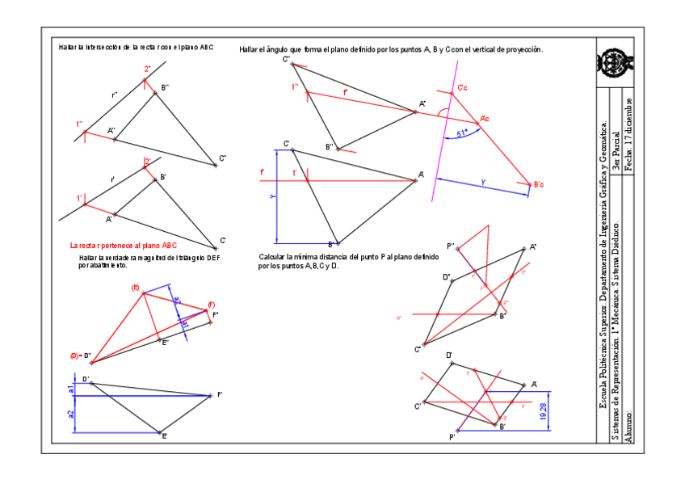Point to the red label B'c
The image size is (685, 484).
[x=538, y=185]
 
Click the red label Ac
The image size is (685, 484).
[x=484, y=119]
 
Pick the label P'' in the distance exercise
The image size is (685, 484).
[x=451, y=246]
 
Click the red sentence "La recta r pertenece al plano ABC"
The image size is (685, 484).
[x=123, y=245]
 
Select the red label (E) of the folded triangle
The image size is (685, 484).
[x=135, y=288]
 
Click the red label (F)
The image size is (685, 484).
[x=211, y=305]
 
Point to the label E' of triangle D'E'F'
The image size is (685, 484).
[x=164, y=436]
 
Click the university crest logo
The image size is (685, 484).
[x=614, y=61]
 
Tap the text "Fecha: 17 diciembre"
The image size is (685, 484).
[x=628, y=133]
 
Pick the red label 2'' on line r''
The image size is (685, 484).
[x=148, y=69]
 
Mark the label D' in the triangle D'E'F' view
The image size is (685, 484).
[x=85, y=378]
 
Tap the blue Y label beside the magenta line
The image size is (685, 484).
[x=483, y=183]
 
